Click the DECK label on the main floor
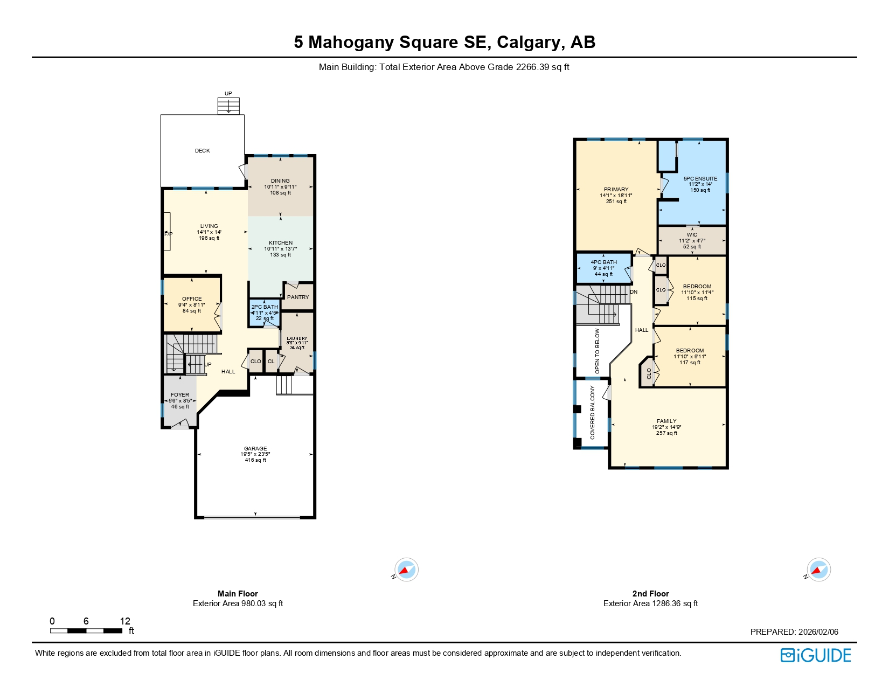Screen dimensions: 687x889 click(x=203, y=151)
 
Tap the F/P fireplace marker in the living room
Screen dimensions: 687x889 click(x=168, y=234)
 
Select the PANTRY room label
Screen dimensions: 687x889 click(x=298, y=297)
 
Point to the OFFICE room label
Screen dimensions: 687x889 click(x=192, y=299)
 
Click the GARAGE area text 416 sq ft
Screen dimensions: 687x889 click(x=255, y=460)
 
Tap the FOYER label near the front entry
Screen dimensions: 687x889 click(x=180, y=395)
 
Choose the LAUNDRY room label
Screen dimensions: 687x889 click(x=297, y=339)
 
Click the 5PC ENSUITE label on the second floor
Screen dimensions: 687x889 click(x=700, y=179)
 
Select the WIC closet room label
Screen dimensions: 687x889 click(x=692, y=235)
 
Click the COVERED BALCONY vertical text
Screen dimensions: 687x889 click(x=593, y=412)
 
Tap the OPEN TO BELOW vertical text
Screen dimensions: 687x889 click(x=597, y=351)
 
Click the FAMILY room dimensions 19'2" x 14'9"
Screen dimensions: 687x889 click(x=666, y=427)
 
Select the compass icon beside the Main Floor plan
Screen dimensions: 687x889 click(x=406, y=570)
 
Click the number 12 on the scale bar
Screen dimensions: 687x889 click(x=125, y=621)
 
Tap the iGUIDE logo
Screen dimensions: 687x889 click(x=816, y=655)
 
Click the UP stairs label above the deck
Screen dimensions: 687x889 click(x=228, y=94)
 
